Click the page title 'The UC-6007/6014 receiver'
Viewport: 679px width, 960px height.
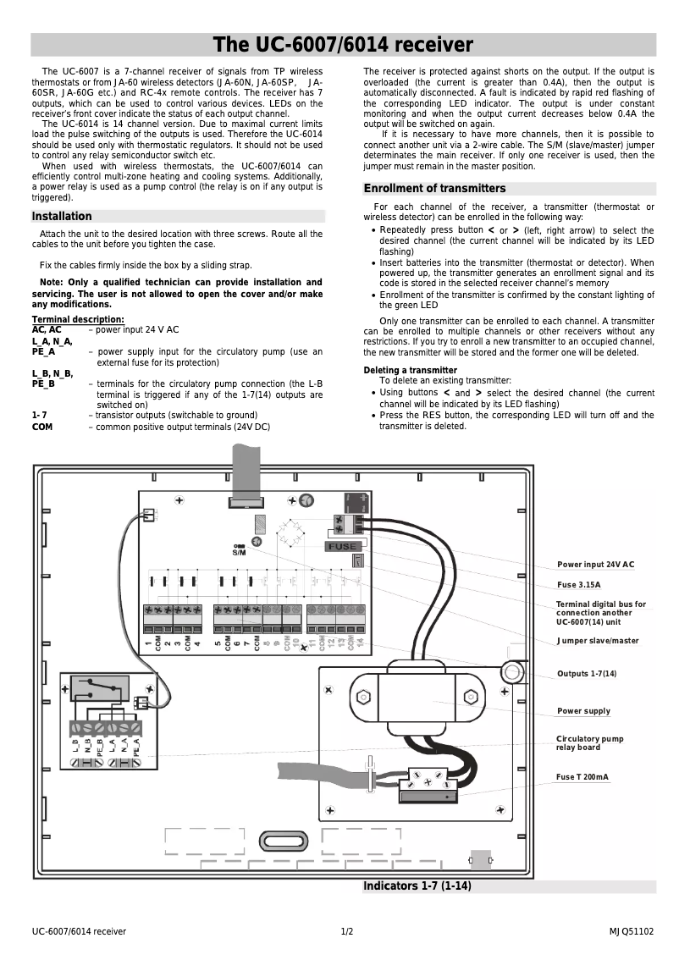[x=343, y=45]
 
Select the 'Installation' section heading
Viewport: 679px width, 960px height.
[x=62, y=217]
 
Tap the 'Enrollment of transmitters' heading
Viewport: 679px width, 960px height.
[x=434, y=189]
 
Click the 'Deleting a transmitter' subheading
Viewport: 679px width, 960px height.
[x=411, y=371]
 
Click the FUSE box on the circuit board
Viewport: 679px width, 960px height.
[x=342, y=546]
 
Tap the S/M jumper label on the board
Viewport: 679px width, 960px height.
[x=239, y=553]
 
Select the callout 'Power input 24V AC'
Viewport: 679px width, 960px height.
[x=595, y=565]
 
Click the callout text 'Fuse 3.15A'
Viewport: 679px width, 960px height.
[x=578, y=585]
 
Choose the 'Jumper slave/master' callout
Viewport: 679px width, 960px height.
[x=598, y=641]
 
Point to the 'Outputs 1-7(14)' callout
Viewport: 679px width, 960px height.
[x=587, y=674]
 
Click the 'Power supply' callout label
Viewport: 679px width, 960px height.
[x=583, y=711]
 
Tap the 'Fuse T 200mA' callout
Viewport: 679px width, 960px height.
[x=582, y=776]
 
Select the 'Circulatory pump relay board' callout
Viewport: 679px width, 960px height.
[x=589, y=743]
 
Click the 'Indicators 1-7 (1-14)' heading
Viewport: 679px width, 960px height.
[x=417, y=886]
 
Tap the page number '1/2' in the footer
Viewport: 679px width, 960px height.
[x=346, y=932]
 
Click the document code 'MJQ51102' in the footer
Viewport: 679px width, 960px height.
[x=631, y=932]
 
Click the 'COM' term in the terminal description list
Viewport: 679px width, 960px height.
[x=42, y=428]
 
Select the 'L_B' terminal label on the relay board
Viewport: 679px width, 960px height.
[x=76, y=747]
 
